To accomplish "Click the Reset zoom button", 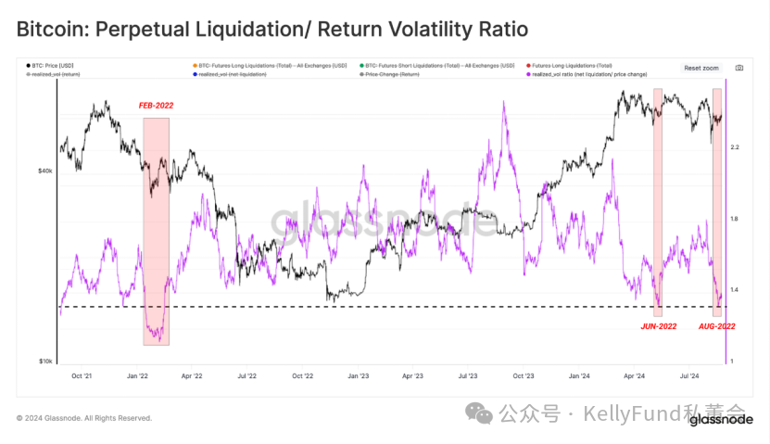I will click(701, 68).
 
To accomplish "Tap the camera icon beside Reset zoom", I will click(738, 68).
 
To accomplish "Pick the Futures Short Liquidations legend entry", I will click(435, 66).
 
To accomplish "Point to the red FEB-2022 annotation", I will click(156, 106).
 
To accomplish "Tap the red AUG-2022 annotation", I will click(716, 326).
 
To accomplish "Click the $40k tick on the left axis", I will click(45, 171).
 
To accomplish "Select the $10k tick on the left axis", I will click(45, 362).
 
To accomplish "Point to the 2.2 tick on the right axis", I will click(735, 147).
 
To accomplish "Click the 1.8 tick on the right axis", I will click(735, 219).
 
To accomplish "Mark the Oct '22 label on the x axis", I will click(303, 376).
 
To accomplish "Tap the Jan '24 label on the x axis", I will click(579, 376).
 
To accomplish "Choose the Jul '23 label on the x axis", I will click(468, 376).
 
